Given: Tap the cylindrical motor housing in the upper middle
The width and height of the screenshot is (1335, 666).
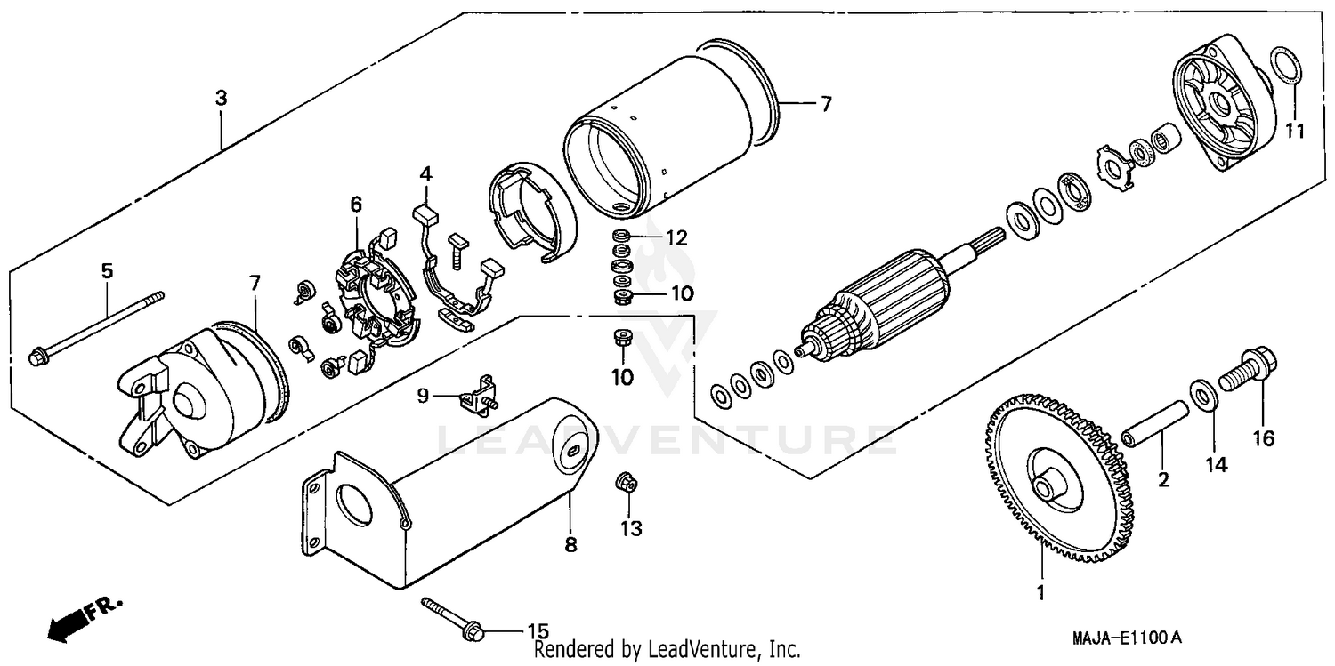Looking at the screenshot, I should click(x=667, y=133).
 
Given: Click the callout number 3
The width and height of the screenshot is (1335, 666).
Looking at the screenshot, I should click(x=221, y=98).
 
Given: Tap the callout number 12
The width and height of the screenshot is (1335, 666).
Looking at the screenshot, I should click(x=676, y=237).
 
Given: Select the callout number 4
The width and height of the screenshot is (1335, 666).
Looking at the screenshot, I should click(x=425, y=173).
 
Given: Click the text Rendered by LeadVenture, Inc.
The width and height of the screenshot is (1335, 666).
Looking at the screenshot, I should click(x=667, y=650).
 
